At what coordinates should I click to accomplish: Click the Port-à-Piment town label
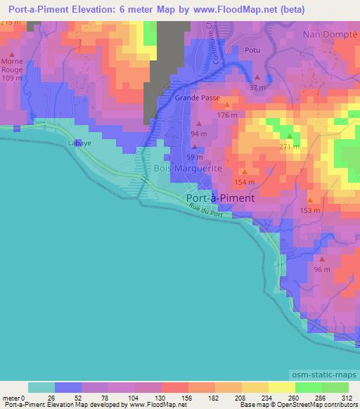click(221, 198)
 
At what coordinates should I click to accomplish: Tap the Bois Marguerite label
click(188, 169)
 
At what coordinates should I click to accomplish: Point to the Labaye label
click(79, 143)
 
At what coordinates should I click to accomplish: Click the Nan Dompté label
click(330, 34)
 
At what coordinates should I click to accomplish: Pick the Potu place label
click(252, 50)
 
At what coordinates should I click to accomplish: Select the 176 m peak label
click(227, 115)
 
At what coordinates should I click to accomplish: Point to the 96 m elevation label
click(321, 270)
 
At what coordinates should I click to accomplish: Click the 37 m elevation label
click(257, 88)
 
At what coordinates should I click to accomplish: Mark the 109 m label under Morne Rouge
click(12, 78)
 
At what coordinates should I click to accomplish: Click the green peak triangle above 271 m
click(289, 136)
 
